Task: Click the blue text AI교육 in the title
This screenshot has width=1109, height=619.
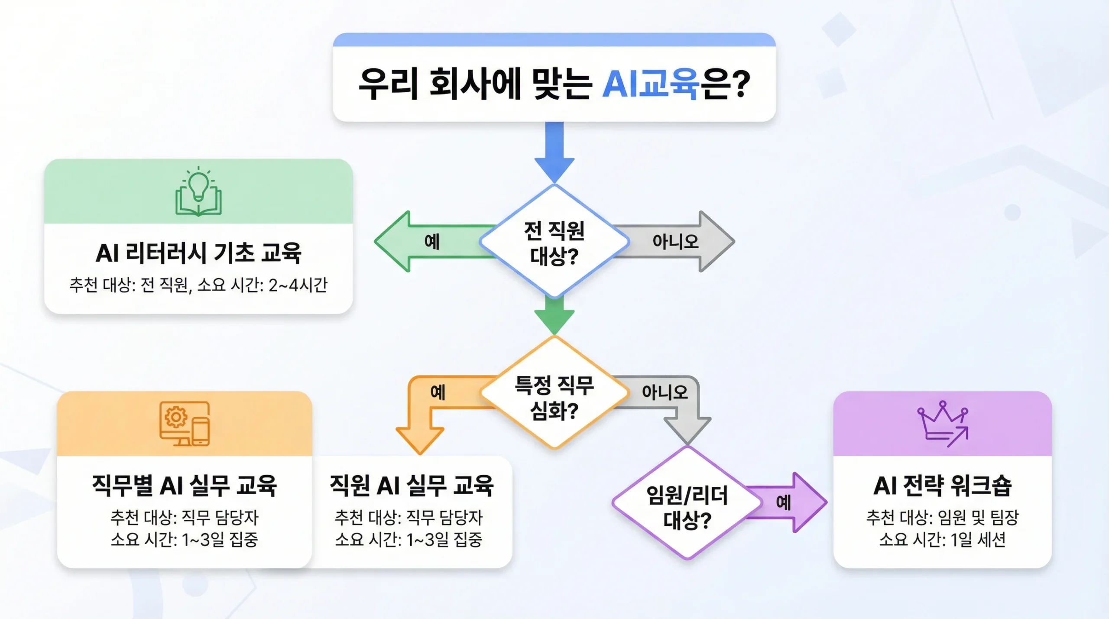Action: pos(651,84)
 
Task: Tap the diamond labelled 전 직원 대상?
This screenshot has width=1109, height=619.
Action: pos(554,242)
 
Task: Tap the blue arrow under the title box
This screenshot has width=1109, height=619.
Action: pos(554,152)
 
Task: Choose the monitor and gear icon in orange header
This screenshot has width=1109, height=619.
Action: pos(185,423)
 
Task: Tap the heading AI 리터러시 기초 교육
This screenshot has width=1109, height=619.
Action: pos(198,253)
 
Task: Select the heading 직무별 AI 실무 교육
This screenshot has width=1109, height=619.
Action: pos(185,485)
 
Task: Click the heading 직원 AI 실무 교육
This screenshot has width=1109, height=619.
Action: pos(412,485)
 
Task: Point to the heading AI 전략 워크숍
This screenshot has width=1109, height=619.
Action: pos(943,485)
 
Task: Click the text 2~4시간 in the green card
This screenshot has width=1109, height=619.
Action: pos(298,285)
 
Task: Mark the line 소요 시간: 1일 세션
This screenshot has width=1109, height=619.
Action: pos(943,540)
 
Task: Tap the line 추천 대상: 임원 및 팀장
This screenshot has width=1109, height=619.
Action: pos(943,517)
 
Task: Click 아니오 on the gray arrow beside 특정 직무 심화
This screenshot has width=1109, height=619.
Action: pos(665,392)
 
